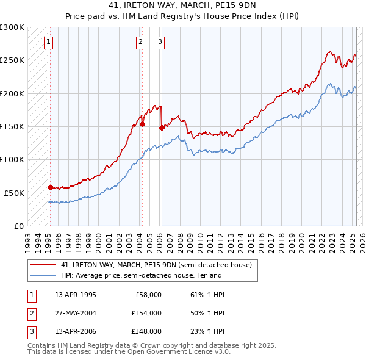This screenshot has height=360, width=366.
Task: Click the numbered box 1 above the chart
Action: point(48,42)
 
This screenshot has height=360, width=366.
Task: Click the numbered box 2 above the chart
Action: point(140,42)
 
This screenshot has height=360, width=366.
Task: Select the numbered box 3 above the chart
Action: point(159,42)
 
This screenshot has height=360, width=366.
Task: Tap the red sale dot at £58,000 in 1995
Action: point(50,187)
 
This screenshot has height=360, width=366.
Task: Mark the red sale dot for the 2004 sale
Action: point(142,124)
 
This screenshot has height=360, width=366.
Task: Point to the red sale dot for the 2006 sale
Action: point(162,128)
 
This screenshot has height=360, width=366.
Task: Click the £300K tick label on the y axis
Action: point(12,27)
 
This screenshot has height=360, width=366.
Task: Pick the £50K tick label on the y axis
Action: point(15,193)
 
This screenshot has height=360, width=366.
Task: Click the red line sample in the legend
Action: point(43,265)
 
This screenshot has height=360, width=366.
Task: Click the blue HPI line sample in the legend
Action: point(43,275)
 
